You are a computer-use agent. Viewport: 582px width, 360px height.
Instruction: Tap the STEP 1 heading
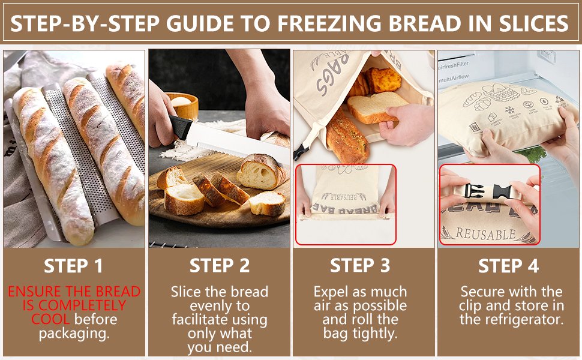tap(74, 266)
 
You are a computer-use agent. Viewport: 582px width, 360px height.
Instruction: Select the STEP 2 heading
tap(220, 265)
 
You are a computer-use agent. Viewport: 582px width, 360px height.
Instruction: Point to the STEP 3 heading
tap(360, 265)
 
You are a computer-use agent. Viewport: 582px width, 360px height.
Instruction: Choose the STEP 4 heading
tap(508, 266)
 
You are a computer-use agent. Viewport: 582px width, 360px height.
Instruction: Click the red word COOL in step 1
tap(50, 319)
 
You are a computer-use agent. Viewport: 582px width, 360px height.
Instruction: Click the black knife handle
tap(180, 127)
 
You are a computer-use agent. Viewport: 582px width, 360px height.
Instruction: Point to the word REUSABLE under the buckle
tap(486, 234)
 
